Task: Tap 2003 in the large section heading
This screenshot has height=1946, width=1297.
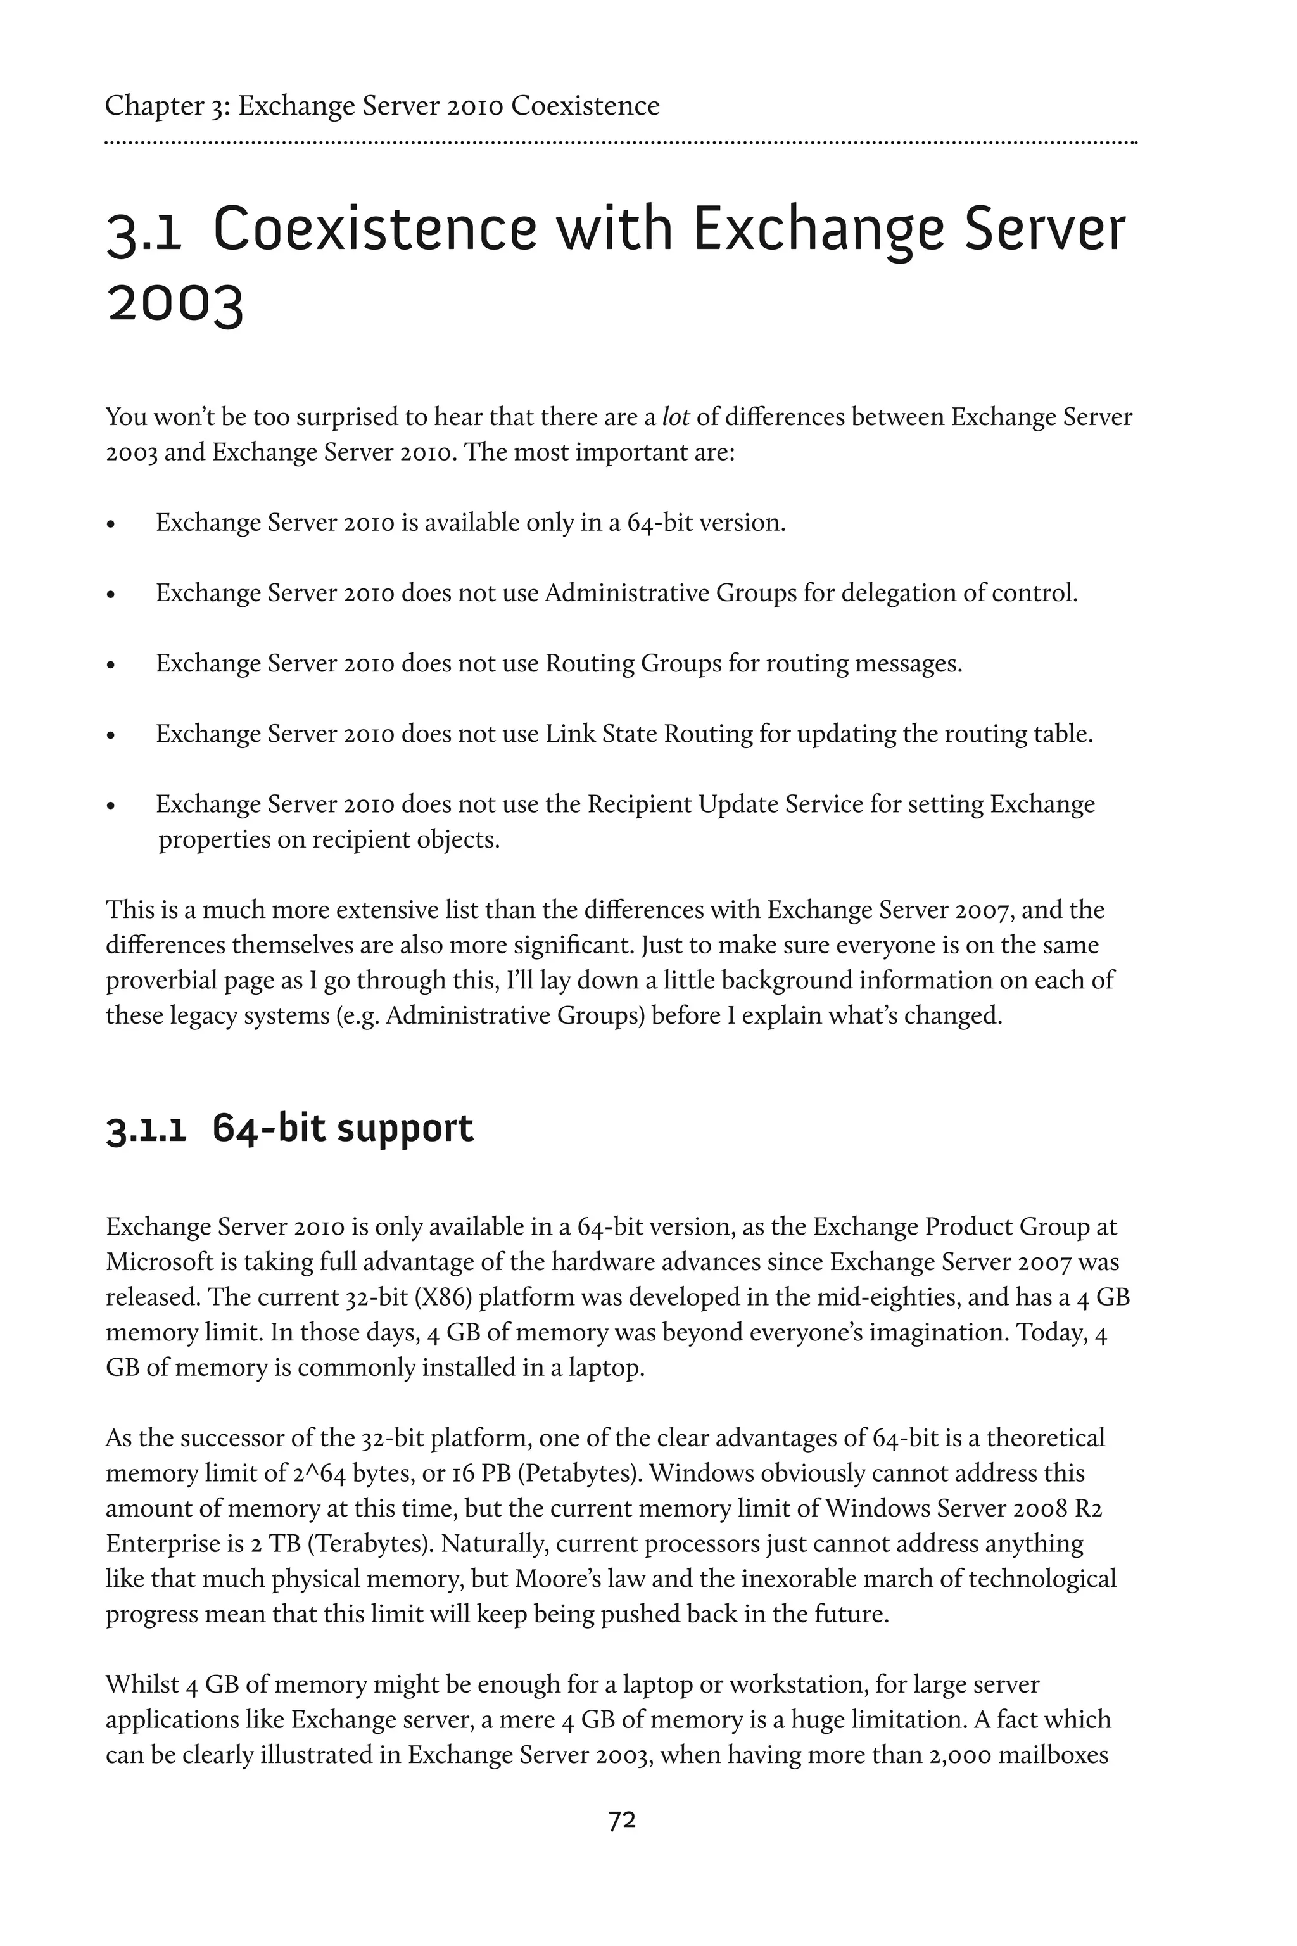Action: click(x=175, y=305)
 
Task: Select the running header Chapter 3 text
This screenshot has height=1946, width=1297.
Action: click(x=382, y=106)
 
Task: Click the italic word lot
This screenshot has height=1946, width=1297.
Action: click(x=675, y=417)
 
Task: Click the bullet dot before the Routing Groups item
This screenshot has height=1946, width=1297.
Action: click(x=111, y=665)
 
